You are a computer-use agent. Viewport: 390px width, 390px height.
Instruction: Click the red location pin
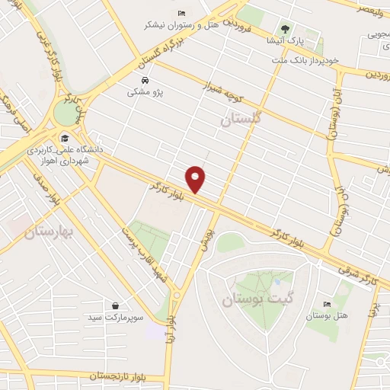click(197, 178)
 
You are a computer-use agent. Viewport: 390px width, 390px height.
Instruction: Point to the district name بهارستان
click(46, 229)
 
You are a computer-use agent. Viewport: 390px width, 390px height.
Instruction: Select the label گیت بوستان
click(257, 300)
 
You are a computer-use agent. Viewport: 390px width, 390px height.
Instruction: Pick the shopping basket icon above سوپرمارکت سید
click(115, 305)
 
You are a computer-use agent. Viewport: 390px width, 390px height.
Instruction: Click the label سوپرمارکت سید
click(115, 316)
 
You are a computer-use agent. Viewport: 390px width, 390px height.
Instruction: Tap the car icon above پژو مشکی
click(145, 80)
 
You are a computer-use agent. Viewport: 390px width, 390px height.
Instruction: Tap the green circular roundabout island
click(66, 113)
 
